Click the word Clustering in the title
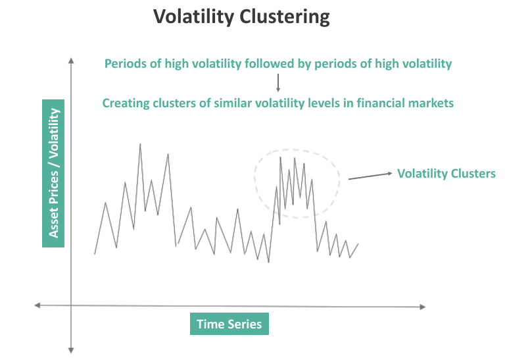(x=286, y=16)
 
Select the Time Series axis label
(x=229, y=324)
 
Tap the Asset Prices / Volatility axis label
(x=53, y=173)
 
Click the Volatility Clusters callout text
(x=446, y=174)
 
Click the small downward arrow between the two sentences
(x=278, y=83)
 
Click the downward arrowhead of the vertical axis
(x=70, y=350)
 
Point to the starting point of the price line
(x=95, y=254)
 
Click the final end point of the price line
(x=358, y=244)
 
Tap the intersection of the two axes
(x=70, y=305)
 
